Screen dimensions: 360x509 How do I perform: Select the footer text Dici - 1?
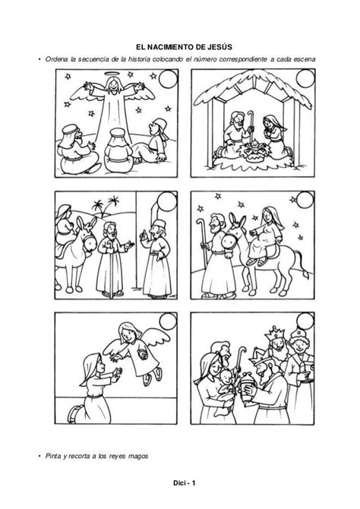click(185, 482)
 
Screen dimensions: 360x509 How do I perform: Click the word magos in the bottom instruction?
click(138, 456)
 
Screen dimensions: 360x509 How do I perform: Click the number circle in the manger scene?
click(305, 79)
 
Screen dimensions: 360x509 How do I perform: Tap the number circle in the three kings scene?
click(305, 321)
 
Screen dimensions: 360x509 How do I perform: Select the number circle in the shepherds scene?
click(168, 79)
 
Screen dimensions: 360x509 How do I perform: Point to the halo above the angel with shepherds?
click(112, 74)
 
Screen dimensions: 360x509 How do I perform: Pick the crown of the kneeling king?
click(257, 357)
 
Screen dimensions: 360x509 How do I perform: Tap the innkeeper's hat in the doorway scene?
click(158, 224)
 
